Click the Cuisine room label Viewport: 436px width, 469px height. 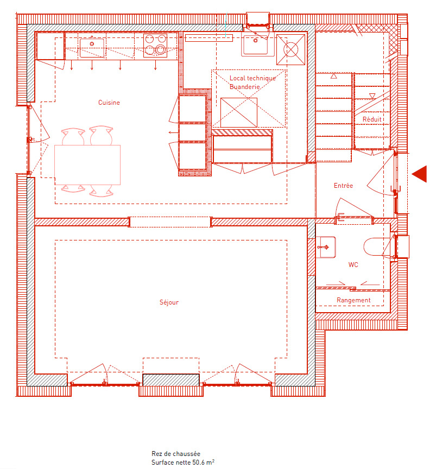pos(109,103)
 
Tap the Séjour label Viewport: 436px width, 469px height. pos(169,302)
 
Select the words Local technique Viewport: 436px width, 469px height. pos(252,78)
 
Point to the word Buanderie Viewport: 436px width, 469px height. pos(244,86)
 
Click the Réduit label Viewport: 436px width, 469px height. pos(372,119)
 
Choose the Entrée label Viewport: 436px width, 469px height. pos(343,186)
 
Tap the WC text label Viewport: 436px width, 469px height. pos(353,265)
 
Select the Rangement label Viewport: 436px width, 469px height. pos(353,300)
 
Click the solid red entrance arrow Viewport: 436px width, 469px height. pos(419,174)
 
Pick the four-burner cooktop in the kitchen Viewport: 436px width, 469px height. pos(155,45)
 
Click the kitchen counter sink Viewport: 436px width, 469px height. pos(92,47)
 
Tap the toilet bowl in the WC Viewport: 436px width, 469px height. pos(379,247)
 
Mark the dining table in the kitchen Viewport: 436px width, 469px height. pos(87,165)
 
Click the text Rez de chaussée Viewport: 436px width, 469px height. pos(176,454)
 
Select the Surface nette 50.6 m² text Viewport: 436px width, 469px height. pos(183,462)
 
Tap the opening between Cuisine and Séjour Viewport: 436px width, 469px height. pos(169,222)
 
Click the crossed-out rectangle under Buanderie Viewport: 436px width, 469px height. pos(239,112)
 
